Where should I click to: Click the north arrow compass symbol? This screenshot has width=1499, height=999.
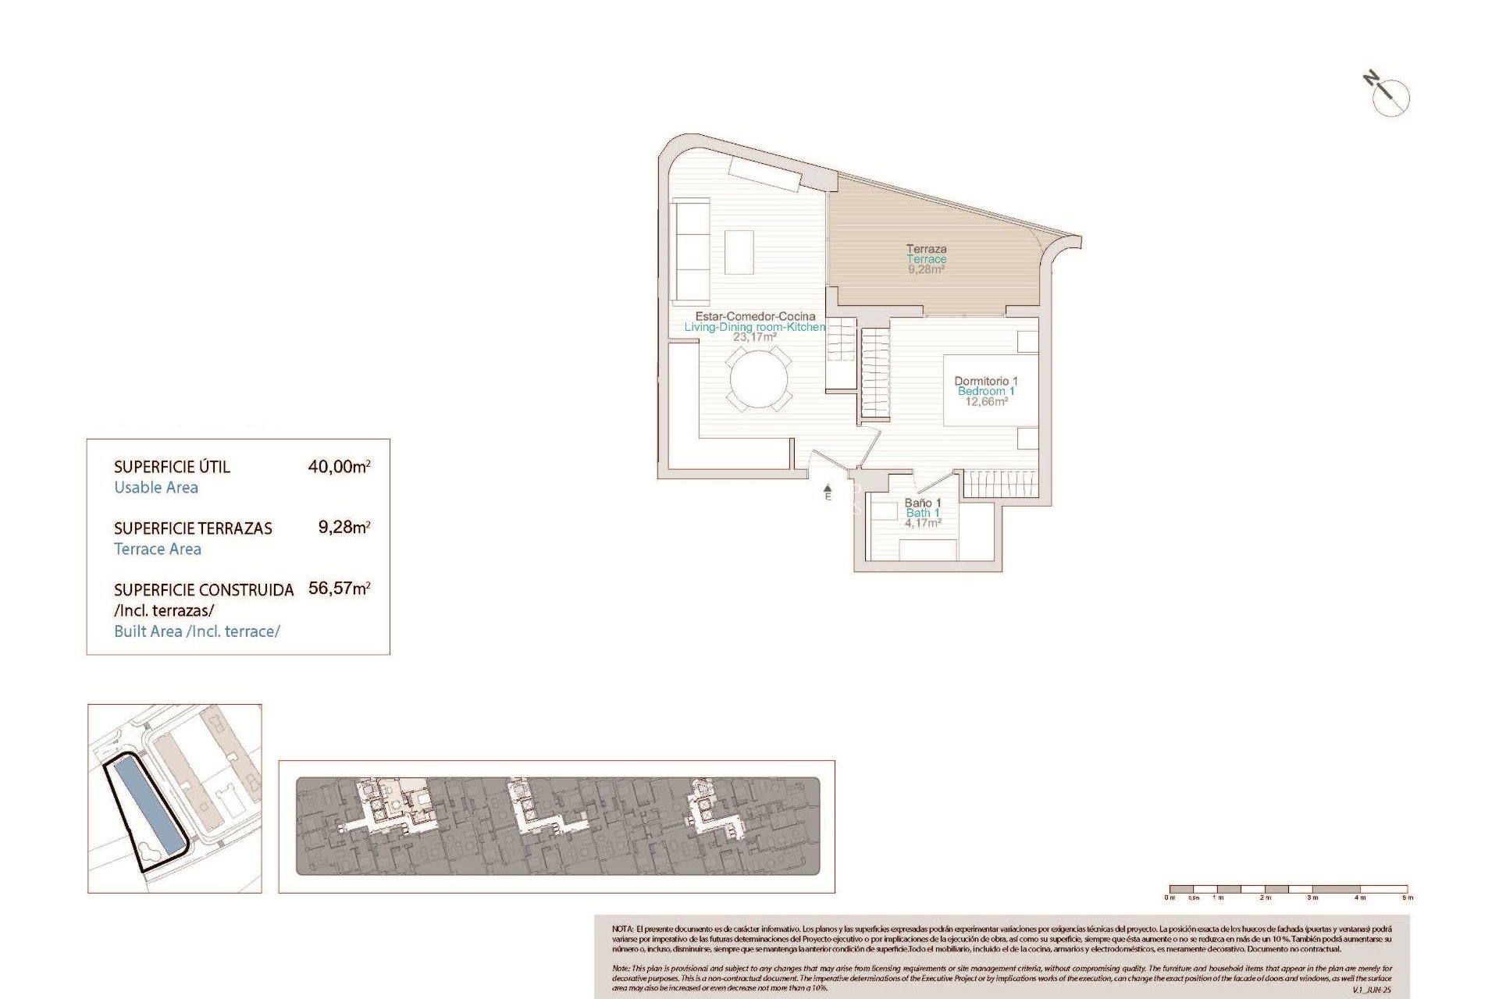[1389, 95]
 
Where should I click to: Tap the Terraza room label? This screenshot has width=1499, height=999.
[926, 249]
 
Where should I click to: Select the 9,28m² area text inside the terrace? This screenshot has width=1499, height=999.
[926, 269]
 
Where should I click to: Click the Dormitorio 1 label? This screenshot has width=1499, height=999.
[985, 381]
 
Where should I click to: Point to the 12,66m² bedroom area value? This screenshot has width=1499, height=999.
[986, 402]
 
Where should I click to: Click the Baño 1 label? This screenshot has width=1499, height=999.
[922, 503]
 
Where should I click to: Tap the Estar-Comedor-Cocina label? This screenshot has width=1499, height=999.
[755, 316]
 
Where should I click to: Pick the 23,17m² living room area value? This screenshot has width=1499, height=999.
[754, 337]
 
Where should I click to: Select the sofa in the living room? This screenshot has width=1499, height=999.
[691, 251]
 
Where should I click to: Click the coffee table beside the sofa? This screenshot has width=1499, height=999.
[739, 251]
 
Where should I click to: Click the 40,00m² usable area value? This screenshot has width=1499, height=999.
[339, 467]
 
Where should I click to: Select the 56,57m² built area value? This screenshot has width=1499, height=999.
[339, 588]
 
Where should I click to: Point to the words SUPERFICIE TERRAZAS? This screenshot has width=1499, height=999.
[193, 528]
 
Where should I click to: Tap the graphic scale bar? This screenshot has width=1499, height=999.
[1287, 889]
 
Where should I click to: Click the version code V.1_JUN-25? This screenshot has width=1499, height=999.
[1372, 990]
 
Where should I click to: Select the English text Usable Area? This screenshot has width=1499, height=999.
[156, 488]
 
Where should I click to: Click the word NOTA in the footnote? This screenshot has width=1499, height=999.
[622, 930]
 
